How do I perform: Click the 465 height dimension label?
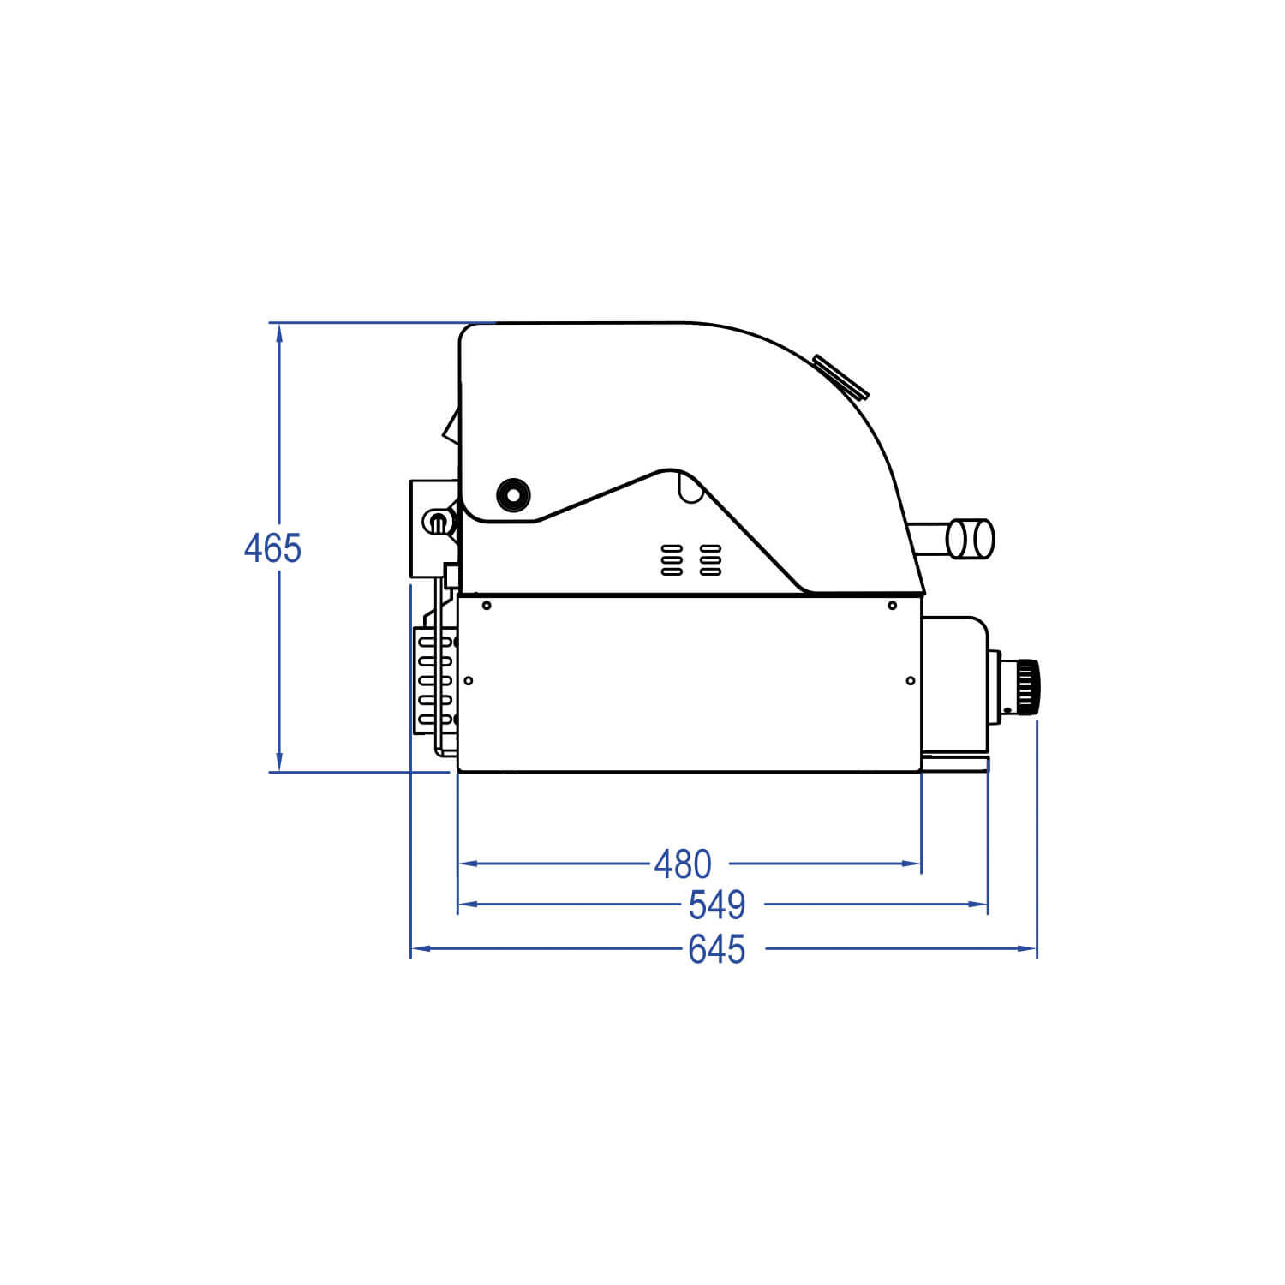click(x=272, y=548)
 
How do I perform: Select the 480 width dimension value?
click(x=683, y=864)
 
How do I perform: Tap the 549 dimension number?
click(x=717, y=905)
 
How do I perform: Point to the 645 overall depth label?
click(x=717, y=949)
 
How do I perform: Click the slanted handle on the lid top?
click(x=841, y=378)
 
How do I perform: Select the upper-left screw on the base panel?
click(x=487, y=606)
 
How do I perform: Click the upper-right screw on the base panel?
click(x=892, y=606)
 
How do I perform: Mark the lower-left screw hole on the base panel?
click(x=468, y=681)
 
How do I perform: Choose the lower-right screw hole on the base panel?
click(x=910, y=681)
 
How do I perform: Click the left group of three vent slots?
click(x=672, y=559)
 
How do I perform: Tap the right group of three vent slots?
click(x=710, y=559)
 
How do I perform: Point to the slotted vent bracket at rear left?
click(x=435, y=681)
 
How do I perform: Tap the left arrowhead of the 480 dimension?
click(x=469, y=864)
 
